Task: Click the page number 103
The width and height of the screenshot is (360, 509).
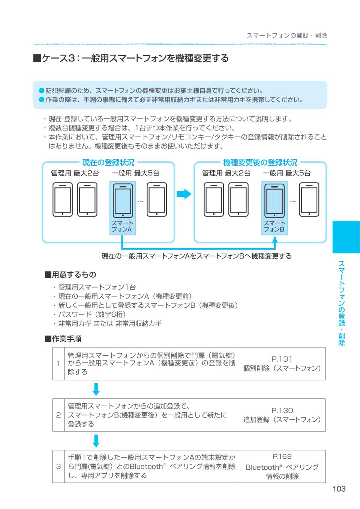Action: pos(339,488)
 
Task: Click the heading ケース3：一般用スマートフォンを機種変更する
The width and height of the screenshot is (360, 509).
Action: pos(131,58)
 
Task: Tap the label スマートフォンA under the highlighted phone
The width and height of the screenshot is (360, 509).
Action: pos(122,226)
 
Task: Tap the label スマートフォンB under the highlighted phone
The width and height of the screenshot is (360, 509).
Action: pos(274,226)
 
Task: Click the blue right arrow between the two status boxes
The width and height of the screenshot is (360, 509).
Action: pos(184,194)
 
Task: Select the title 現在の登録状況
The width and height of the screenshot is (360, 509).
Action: pos(108,162)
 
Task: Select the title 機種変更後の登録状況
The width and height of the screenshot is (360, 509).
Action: pos(260,162)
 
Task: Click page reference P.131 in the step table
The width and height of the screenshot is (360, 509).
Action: pos(282,359)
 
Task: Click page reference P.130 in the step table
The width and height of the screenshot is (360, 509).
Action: pos(282,410)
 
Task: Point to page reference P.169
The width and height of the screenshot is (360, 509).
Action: pos(282,457)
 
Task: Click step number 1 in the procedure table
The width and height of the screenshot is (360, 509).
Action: pos(58,364)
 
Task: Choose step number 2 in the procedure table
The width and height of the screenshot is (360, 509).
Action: pos(58,415)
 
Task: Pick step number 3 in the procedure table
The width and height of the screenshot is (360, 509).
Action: pos(58,466)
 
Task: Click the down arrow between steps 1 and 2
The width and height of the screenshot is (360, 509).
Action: pos(96,389)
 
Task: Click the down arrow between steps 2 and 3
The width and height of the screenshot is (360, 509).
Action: pos(96,440)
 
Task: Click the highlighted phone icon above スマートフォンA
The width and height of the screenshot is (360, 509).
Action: pos(123,200)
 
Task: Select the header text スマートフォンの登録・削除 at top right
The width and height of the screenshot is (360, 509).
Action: pos(287,36)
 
